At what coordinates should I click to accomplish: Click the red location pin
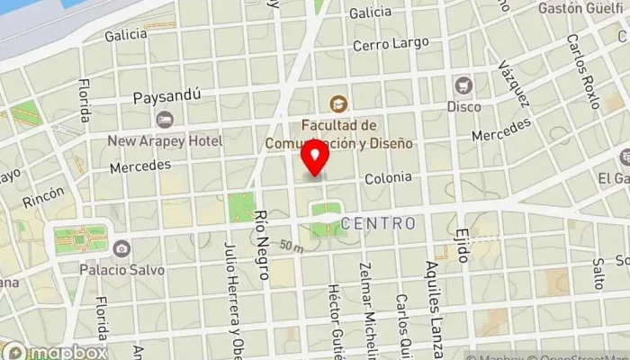click(x=315, y=160)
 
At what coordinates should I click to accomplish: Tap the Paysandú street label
click(x=166, y=96)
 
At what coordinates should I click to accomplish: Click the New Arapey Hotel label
click(x=165, y=140)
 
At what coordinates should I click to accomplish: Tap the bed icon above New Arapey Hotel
click(x=164, y=119)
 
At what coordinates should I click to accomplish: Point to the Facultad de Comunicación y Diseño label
click(x=338, y=134)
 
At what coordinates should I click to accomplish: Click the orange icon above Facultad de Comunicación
click(x=338, y=104)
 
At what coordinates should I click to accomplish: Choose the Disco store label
click(x=464, y=106)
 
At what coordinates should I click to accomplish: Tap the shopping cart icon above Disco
click(x=464, y=85)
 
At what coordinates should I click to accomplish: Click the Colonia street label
click(x=388, y=178)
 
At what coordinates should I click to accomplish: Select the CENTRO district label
click(x=379, y=223)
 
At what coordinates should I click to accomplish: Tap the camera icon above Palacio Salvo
click(x=121, y=247)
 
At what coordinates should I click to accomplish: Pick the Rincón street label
click(x=44, y=195)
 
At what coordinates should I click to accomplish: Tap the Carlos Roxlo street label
click(x=582, y=72)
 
